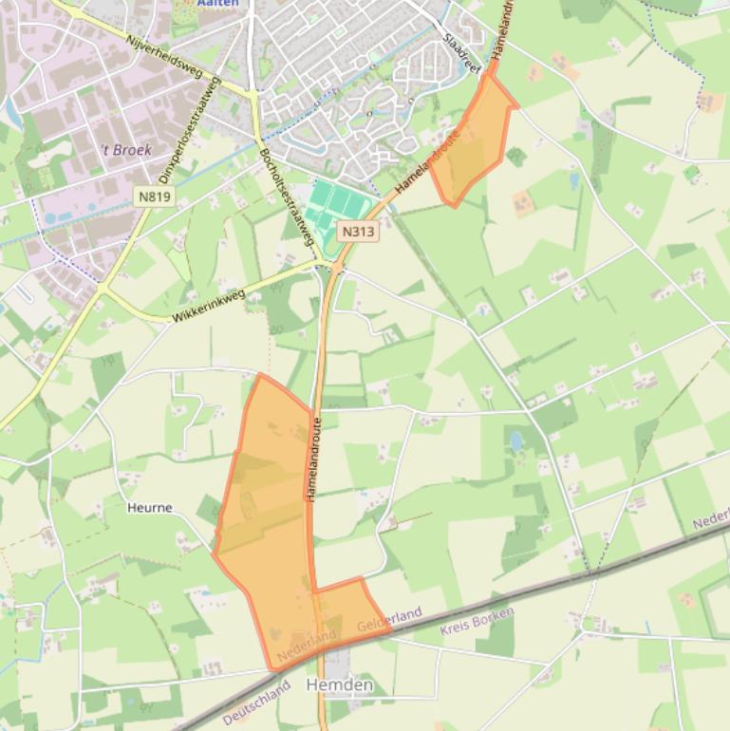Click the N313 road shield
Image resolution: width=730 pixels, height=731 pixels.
click(358, 231)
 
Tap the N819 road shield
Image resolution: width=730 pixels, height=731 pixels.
click(154, 197)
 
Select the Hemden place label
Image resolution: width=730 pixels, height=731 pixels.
click(339, 684)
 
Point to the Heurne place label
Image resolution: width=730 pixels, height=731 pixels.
click(150, 508)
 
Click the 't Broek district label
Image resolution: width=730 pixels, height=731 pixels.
click(126, 150)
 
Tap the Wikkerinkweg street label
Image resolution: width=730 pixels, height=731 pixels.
click(209, 306)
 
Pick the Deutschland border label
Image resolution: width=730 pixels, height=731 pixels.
click(255, 705)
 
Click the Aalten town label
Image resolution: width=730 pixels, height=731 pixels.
click(218, 4)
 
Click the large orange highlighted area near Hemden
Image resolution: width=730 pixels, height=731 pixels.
click(271, 513)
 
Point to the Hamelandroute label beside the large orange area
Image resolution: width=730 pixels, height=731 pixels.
click(312, 459)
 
